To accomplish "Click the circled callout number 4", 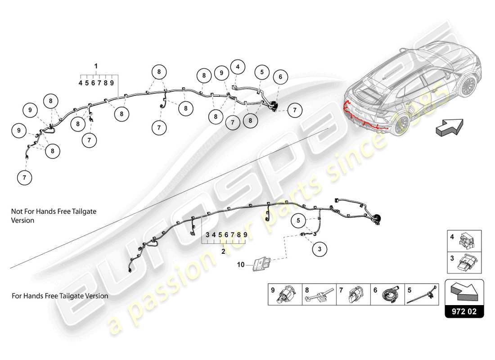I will (238, 67).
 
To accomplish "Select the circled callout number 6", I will (280, 77).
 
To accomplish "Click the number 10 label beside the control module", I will (241, 265).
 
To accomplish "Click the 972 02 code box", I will (464, 311).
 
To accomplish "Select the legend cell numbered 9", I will (285, 294).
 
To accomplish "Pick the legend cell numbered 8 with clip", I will (319, 294).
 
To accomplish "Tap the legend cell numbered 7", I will (353, 294).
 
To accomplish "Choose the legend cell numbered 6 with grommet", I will (387, 294).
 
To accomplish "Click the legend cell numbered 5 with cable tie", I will (422, 294).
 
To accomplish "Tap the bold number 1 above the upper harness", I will (96, 66).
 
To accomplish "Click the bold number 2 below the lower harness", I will (223, 251).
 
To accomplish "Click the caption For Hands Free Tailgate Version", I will (60, 296).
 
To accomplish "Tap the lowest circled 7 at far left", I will (24, 178).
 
